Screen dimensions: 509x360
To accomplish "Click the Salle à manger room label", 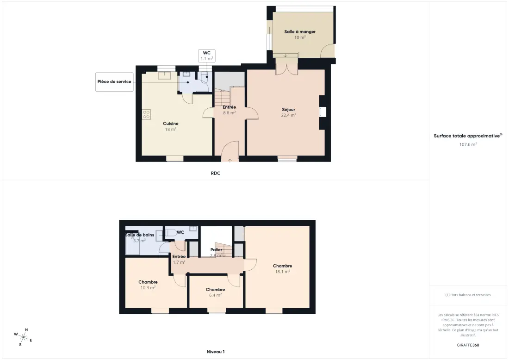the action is [300, 32].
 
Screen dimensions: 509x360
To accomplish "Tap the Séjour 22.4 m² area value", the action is [288, 115].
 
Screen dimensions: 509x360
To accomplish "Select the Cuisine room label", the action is [171, 124].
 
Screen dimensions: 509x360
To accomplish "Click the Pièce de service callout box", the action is [114, 82].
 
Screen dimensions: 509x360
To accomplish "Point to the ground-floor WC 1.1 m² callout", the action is [207, 56].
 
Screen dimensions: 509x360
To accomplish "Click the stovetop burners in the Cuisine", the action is [146, 114].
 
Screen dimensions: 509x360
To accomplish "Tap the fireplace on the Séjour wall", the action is [323, 112].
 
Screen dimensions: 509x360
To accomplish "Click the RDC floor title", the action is [216, 174].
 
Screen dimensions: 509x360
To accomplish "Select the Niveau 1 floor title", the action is [216, 352].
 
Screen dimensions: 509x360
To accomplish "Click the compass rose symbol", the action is [23, 337].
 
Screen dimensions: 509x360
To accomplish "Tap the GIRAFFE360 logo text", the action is [468, 345].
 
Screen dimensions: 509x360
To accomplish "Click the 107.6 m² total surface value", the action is [468, 144].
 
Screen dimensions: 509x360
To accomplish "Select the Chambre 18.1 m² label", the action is [282, 269].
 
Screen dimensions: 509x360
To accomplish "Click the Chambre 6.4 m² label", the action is [215, 292].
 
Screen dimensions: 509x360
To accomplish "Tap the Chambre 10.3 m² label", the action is [148, 285].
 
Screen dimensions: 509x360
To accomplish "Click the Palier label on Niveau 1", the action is [216, 249].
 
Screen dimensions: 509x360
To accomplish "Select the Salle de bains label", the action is [140, 235].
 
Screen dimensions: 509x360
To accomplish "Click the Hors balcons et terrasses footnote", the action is [468, 295].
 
